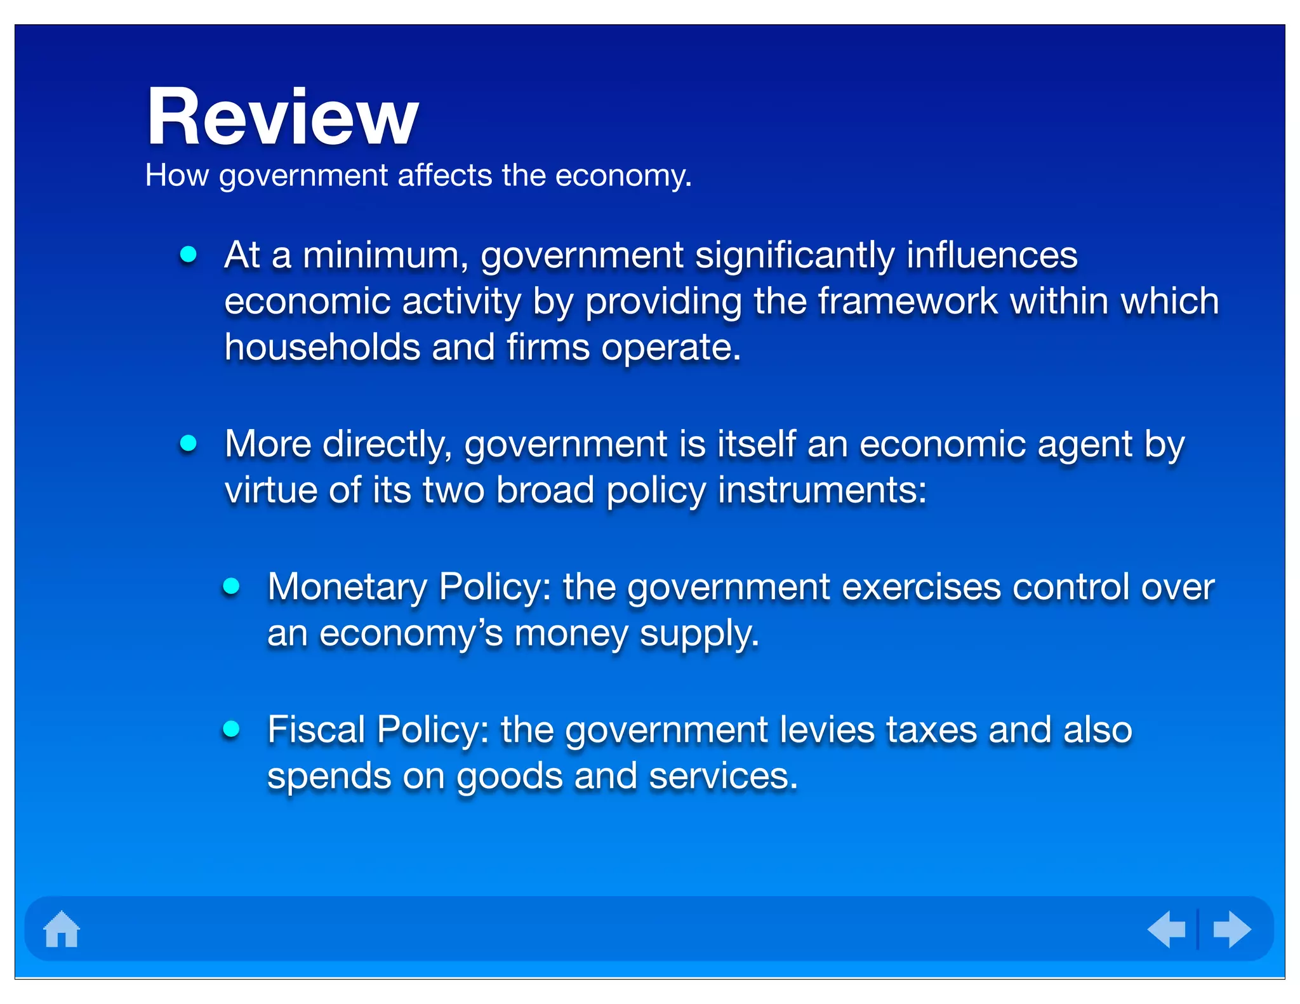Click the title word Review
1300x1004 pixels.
click(282, 117)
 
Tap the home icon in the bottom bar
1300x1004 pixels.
click(62, 929)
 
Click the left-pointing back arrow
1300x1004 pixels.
click(1167, 929)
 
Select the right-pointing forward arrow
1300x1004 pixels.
click(1231, 929)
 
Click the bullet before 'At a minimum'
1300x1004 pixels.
click(189, 254)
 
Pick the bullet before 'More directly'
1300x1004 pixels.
click(189, 443)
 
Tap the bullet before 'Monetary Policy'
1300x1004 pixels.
click(232, 586)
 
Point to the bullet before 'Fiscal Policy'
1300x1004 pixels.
click(232, 729)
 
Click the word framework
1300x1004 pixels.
click(908, 301)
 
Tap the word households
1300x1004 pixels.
click(322, 348)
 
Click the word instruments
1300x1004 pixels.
click(822, 491)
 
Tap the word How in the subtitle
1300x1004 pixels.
click(177, 175)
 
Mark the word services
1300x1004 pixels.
click(723, 777)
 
